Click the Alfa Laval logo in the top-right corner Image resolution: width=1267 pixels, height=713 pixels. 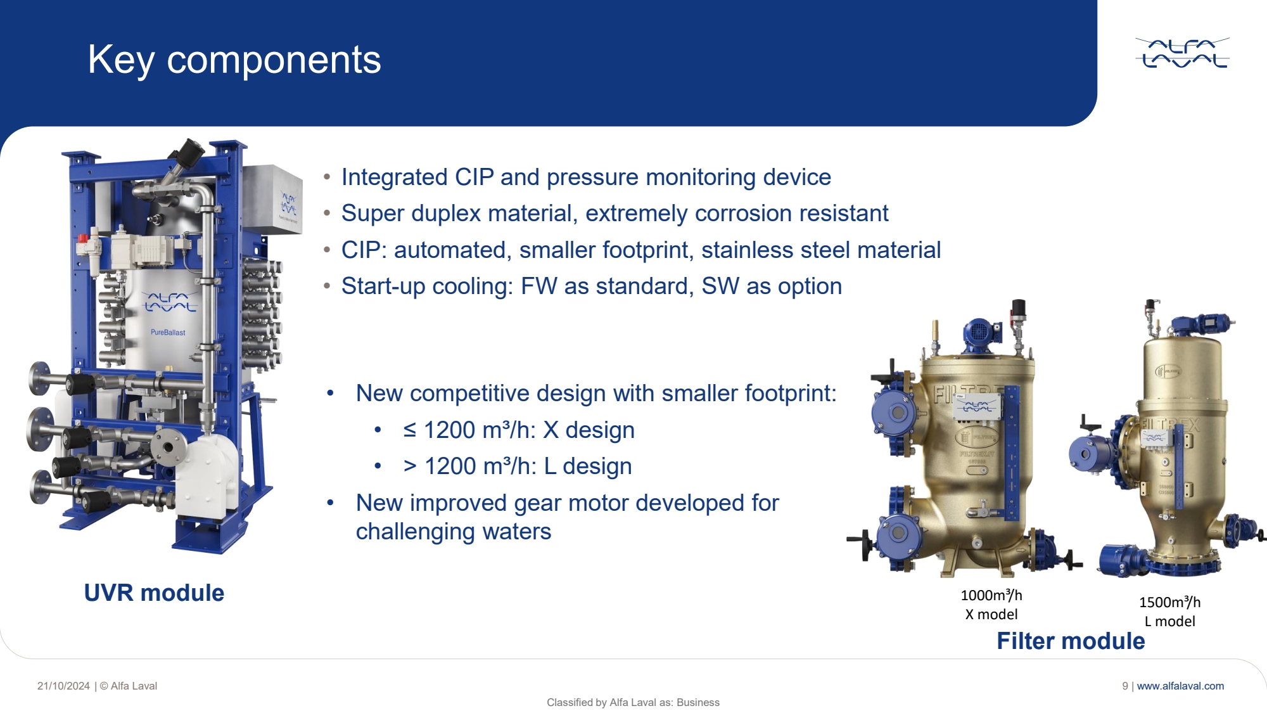[1182, 53]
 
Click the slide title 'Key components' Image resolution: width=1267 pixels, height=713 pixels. [234, 60]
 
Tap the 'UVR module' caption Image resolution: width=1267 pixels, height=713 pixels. [154, 593]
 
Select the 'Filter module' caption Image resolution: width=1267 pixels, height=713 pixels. [1071, 641]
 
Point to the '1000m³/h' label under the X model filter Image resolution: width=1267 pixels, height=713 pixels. [991, 595]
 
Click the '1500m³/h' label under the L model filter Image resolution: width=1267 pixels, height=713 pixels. [1169, 602]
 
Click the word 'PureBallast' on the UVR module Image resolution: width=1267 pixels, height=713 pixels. [168, 332]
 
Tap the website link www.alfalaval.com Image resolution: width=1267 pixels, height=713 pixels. [1180, 686]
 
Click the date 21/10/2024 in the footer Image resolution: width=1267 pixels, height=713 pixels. [63, 686]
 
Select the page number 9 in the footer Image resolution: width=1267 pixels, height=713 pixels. [1125, 686]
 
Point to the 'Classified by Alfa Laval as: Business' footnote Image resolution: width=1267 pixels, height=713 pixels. [633, 702]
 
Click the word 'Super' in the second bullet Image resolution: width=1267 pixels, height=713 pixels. [370, 214]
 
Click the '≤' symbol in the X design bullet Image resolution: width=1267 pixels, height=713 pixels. [410, 430]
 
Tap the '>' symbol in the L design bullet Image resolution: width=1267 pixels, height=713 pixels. [410, 466]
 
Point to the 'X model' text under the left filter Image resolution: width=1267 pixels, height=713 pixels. [991, 614]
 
